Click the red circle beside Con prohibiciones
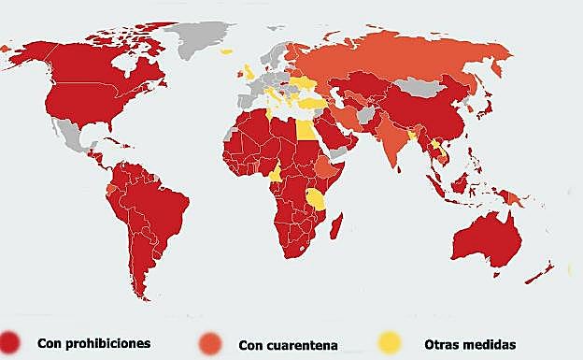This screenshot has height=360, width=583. pos(11,342)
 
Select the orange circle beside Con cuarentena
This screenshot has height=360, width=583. pos(212,343)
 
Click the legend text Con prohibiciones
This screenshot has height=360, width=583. pos(93,343)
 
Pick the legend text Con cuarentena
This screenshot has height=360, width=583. pos(288,344)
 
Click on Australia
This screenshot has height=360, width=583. pos(482,238)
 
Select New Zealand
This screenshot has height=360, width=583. pos(542,272)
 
